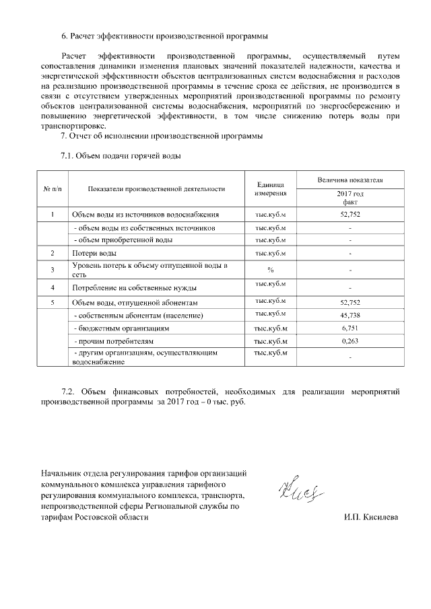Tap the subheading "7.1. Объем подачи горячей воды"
point(121,157)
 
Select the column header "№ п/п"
point(53,189)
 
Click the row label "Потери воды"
point(94,253)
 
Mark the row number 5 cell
point(53,303)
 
